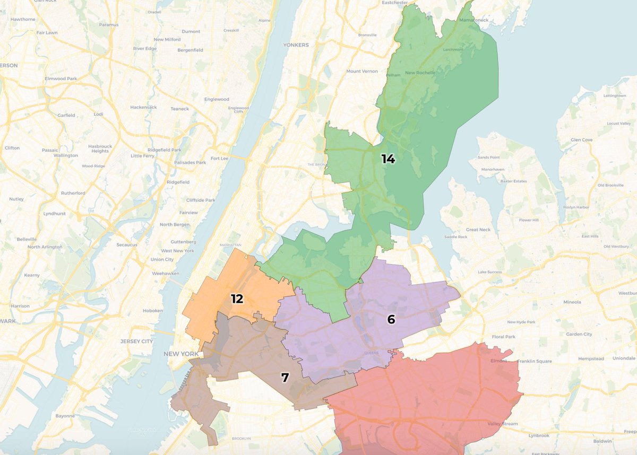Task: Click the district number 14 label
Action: [388, 159]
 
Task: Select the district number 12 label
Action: [237, 299]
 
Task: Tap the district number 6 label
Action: [391, 319]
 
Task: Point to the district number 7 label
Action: [285, 378]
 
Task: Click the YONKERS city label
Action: [296, 45]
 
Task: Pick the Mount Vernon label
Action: [361, 71]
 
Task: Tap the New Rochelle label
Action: [420, 73]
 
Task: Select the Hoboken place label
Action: [152, 311]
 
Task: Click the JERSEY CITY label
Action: [136, 341]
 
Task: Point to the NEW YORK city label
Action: [180, 354]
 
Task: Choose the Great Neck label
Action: [478, 230]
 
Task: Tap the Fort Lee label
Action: [219, 158]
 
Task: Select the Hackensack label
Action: [143, 107]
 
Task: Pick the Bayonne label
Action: [66, 416]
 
